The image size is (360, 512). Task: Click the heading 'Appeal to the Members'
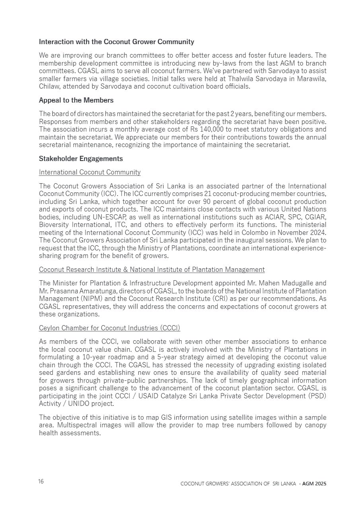76,100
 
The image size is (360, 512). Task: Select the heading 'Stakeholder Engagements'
81,159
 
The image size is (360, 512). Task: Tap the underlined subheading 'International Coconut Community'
90,172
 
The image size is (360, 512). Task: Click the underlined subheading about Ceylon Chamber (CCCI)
109,328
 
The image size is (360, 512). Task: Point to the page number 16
41,481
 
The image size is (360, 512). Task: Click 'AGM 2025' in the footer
314,484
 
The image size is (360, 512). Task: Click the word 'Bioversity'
54,224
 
